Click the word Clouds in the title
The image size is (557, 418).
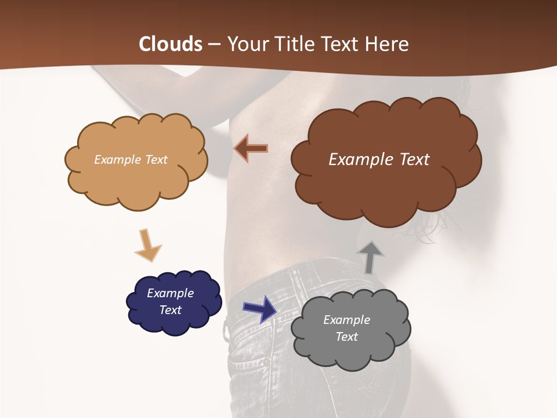[171, 44]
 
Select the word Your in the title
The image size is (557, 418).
[247, 44]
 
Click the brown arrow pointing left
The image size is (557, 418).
[251, 149]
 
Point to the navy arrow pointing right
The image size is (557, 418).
[260, 309]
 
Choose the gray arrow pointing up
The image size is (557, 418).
[370, 257]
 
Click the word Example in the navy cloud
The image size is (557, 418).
[171, 293]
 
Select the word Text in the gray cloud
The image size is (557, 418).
[346, 337]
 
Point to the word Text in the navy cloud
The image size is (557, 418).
[171, 310]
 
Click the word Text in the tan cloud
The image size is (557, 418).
[156, 160]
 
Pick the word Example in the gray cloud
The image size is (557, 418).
[346, 320]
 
